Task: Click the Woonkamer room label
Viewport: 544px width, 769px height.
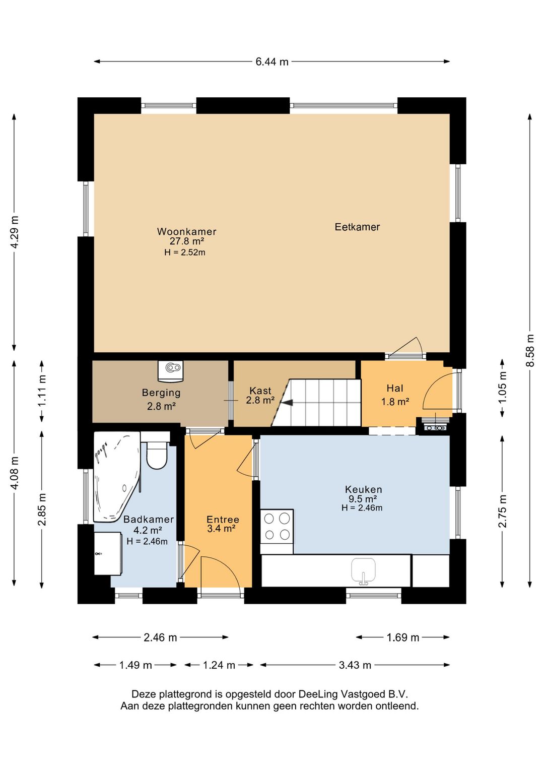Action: (x=187, y=231)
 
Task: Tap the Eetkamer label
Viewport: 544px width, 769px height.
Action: (x=357, y=227)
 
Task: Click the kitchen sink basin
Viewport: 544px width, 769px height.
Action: (x=363, y=570)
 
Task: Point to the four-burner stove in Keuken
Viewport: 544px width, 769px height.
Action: (x=277, y=527)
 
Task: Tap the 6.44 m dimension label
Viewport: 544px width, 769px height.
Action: (x=272, y=62)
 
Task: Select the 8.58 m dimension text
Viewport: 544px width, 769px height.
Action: (x=530, y=351)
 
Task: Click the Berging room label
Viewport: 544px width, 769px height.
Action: (x=161, y=393)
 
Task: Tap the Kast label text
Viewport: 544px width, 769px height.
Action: (x=260, y=391)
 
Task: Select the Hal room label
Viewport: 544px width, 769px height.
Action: (x=395, y=388)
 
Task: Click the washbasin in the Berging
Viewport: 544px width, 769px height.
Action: (x=171, y=371)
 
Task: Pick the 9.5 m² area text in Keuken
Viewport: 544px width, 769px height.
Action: (x=363, y=499)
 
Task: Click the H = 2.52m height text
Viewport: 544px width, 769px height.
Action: (x=185, y=252)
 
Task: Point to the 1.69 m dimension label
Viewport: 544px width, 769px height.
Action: (x=403, y=637)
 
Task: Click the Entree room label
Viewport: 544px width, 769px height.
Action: (x=223, y=520)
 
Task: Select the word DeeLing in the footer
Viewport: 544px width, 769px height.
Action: (x=318, y=694)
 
